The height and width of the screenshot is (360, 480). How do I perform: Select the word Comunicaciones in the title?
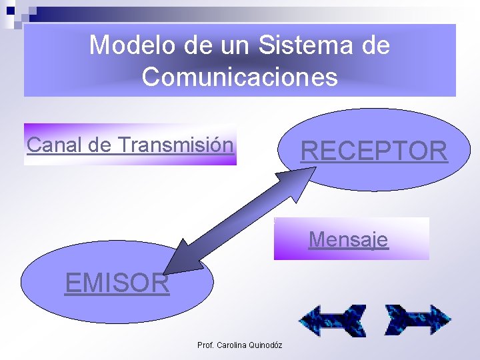240,77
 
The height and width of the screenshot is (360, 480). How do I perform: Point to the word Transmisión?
175,145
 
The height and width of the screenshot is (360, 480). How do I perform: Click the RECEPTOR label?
374,151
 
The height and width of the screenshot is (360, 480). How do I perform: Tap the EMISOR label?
117,283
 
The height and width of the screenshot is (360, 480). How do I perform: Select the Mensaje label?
348,239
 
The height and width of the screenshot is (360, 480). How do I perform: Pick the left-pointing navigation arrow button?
332,321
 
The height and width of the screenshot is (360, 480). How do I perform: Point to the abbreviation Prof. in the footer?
205,345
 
